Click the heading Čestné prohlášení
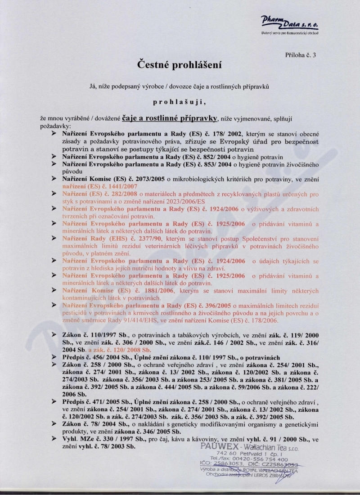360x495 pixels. click(180, 65)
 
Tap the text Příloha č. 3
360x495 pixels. click(301, 55)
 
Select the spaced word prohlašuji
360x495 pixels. click(179, 102)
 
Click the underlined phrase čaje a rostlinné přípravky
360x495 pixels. click(170, 118)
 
